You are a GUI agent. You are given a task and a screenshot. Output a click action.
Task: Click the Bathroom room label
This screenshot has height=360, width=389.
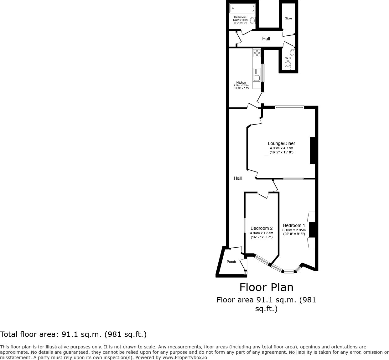coord(240,17)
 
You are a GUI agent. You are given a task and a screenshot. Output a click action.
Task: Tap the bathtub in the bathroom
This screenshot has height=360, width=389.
coord(242,8)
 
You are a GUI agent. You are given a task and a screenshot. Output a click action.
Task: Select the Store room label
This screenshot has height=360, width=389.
coord(288,18)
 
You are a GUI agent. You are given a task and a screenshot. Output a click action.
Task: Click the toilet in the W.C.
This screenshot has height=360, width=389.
coord(288,65)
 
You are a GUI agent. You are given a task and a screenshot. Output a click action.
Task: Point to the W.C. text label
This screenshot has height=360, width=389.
coord(288,58)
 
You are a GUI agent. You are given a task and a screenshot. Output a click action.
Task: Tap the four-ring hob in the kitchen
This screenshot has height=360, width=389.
coord(257,53)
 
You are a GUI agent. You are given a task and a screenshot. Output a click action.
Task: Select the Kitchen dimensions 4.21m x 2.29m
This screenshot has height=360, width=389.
coord(241,85)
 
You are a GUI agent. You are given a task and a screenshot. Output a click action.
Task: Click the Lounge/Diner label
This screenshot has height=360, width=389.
coord(282,144)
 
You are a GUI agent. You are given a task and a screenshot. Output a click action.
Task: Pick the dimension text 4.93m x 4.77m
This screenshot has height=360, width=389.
coord(282,148)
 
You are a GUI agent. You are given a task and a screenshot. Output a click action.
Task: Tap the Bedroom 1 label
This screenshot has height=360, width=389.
coord(294,225)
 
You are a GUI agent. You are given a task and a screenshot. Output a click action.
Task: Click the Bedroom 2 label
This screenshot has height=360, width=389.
coord(262,228)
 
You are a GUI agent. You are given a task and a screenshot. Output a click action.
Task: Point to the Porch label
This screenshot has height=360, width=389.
coord(231,262)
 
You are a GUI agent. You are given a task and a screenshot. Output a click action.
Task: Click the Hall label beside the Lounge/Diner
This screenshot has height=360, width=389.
coord(238,178)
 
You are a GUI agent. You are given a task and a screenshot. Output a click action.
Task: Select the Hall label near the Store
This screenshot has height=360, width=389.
coord(266,39)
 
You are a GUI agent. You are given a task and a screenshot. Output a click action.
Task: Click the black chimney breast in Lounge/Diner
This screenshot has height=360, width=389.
coord(312,151)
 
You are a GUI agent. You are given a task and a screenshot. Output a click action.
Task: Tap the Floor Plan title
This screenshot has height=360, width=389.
coord(266,287)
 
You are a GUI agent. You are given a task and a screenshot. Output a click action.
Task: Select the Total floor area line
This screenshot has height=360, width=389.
coord(73,334)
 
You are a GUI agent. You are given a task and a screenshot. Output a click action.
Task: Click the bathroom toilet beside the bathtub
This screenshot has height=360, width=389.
coord(252,21)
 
